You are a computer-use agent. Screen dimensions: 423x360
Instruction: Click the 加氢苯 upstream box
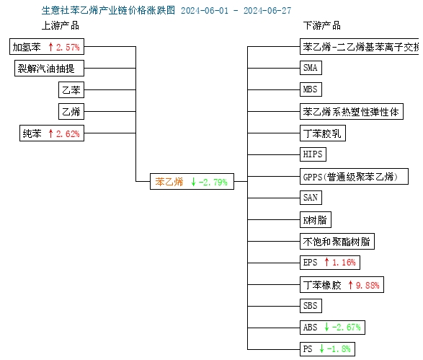[x=47, y=47]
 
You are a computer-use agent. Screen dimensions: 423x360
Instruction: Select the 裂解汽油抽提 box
[x=49, y=69]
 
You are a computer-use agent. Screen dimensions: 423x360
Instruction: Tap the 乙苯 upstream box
[x=71, y=90]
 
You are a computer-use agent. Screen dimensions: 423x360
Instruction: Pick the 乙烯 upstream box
[x=71, y=112]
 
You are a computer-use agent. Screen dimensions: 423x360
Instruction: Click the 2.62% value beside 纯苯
[x=68, y=133]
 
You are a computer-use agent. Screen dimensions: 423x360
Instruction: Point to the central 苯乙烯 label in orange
[x=169, y=182]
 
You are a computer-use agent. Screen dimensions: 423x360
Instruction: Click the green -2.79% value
[x=213, y=183]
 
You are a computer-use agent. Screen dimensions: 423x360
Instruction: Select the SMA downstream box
[x=311, y=68]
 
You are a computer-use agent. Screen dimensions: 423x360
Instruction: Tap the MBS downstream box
[x=311, y=89]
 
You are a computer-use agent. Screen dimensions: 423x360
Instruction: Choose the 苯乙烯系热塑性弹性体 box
[x=352, y=111]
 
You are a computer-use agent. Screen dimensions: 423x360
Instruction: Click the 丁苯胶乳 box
[x=323, y=133]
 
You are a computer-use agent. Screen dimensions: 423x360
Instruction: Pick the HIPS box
[x=313, y=154]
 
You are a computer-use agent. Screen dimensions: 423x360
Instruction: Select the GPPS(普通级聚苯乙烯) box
[x=354, y=176]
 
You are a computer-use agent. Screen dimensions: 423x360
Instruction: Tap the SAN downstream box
[x=311, y=198]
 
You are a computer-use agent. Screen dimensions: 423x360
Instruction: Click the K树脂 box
[x=316, y=220]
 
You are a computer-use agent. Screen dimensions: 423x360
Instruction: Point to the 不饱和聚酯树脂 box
[x=337, y=242]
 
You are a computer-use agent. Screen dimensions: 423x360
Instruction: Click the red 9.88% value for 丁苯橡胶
[x=368, y=285]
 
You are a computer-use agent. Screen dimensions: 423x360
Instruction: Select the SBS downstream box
[x=311, y=306]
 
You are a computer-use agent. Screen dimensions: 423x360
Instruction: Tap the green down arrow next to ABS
[x=326, y=327]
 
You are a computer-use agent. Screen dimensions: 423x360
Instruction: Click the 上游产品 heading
[x=61, y=26]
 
